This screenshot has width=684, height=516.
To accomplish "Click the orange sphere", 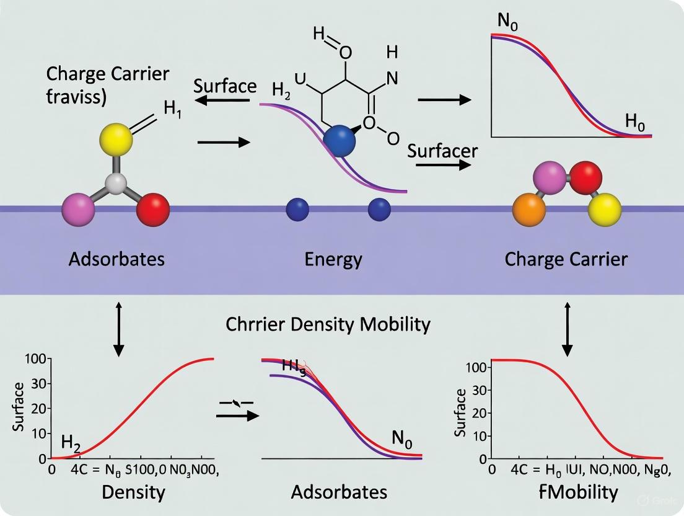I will [529, 211].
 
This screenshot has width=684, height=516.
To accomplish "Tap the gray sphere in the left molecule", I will [116, 184].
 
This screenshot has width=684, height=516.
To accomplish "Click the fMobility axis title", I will [578, 492].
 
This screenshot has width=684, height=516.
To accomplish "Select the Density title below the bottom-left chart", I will [133, 492].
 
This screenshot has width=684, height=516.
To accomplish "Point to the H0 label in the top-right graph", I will [634, 122].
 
